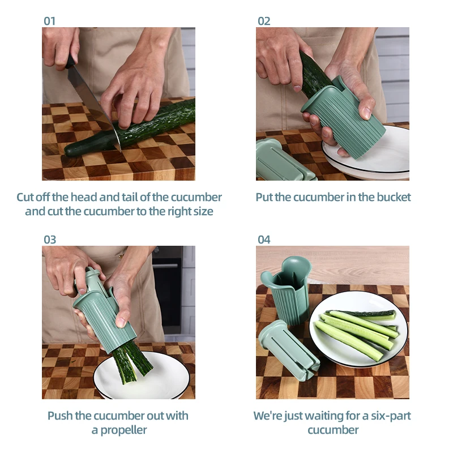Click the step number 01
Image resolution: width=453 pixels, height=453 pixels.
[50, 21]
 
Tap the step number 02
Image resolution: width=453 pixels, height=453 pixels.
[264, 21]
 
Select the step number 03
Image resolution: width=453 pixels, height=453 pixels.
[50, 240]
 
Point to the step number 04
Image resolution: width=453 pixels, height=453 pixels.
[264, 240]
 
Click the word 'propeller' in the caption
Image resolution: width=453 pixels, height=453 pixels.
[119, 430]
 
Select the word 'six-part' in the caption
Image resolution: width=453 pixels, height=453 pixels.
[389, 416]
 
